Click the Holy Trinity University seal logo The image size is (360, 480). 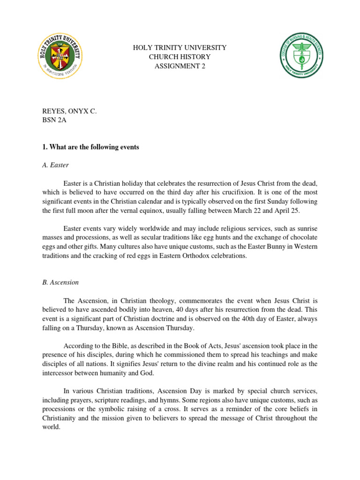coord(60,57)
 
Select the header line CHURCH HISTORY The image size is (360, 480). coord(180,57)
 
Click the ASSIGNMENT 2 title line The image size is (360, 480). coord(180,66)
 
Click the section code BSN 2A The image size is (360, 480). coord(54,121)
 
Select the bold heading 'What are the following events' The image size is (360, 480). coord(90,147)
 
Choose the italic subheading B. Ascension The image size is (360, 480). coord(60,283)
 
